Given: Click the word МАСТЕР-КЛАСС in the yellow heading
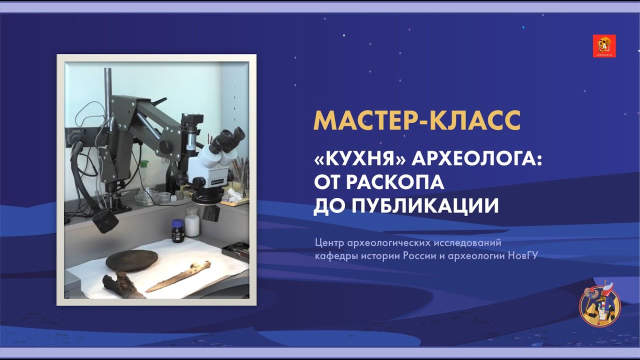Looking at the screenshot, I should [416, 120].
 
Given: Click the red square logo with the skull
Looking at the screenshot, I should [604, 46].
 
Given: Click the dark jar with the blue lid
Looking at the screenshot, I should [177, 230].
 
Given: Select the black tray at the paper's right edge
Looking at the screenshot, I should [236, 247].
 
